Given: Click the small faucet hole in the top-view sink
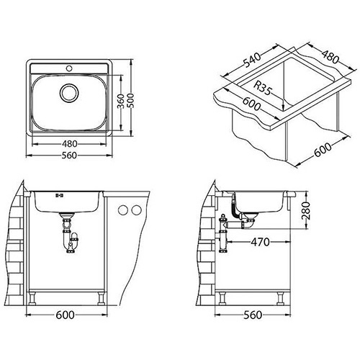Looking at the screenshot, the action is (x=69, y=68).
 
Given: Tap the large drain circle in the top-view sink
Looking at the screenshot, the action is (x=69, y=92).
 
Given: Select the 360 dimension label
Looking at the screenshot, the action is (x=122, y=101).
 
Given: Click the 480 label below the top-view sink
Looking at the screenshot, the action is (x=70, y=144).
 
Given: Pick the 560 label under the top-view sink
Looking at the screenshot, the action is (x=69, y=156).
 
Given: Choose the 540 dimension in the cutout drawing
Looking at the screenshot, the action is (x=252, y=60).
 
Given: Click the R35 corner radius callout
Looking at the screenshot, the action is (x=264, y=88).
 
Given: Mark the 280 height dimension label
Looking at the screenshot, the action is (x=305, y=211).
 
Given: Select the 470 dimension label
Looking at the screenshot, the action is (x=260, y=242).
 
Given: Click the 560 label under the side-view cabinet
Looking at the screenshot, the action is (x=253, y=315).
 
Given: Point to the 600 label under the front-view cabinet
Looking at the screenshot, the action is (x=65, y=315).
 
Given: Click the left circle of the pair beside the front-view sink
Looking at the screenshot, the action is (x=123, y=210).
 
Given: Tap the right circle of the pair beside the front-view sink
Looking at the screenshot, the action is (x=137, y=210).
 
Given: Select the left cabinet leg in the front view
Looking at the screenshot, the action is (x=32, y=299).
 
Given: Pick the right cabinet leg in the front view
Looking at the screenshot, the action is (x=101, y=299).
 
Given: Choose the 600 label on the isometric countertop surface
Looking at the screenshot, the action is (x=251, y=103).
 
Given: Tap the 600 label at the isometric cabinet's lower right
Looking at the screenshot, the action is (x=323, y=150).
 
